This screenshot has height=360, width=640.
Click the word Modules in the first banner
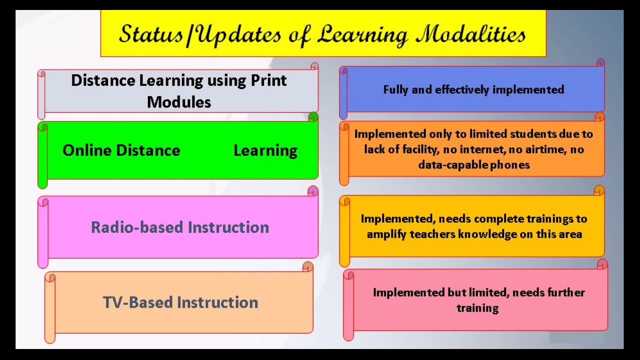point(179,102)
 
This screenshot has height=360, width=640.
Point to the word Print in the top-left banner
point(268,80)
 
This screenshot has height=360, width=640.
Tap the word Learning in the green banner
point(265,151)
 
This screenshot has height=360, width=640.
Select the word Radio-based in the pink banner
point(137,227)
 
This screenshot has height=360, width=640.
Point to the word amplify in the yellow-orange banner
point(386,234)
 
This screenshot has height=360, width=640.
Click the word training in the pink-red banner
point(477,308)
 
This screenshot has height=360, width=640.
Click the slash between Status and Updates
point(189,35)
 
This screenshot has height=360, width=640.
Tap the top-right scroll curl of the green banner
point(313,117)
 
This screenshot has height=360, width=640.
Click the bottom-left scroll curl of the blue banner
point(343,114)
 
